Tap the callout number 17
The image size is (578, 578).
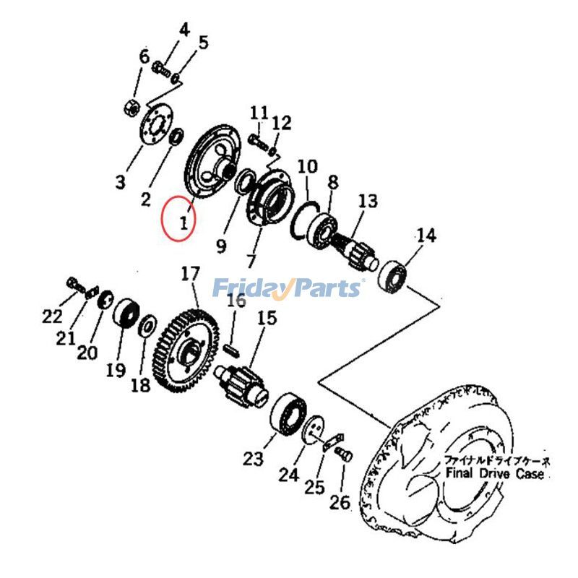click(x=190, y=275)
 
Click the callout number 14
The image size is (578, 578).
click(x=426, y=235)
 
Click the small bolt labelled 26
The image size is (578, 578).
click(x=344, y=454)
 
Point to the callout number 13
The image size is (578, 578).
click(x=367, y=201)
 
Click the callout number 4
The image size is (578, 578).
click(x=184, y=30)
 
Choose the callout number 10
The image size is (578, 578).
click(x=307, y=167)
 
